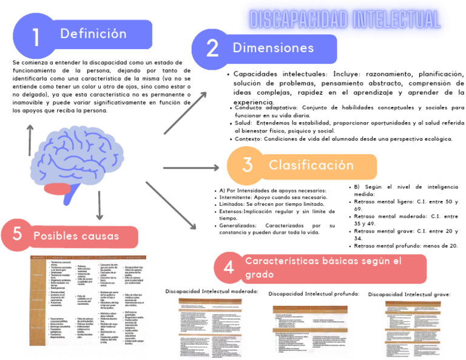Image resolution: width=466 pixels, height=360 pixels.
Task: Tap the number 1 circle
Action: coord(36,37)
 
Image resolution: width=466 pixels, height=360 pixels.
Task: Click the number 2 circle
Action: coord(212,49)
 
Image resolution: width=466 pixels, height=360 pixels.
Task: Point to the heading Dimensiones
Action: coord(272,48)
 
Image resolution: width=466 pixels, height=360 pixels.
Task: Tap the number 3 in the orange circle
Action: coord(247,165)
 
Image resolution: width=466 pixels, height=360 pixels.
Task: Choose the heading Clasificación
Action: coord(311,165)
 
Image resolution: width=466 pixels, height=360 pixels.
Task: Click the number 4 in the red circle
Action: coord(229,267)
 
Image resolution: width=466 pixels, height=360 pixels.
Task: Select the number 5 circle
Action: coord(18,234)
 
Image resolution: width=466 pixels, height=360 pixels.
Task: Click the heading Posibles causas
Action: coord(76,236)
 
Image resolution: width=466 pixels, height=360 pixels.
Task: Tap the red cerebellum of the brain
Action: coord(59,189)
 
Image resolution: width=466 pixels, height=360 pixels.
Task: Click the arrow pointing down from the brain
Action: coord(99,208)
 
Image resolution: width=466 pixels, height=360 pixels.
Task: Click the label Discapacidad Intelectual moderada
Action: coord(212,291)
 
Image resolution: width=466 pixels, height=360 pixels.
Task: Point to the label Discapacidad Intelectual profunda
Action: coord(313,294)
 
